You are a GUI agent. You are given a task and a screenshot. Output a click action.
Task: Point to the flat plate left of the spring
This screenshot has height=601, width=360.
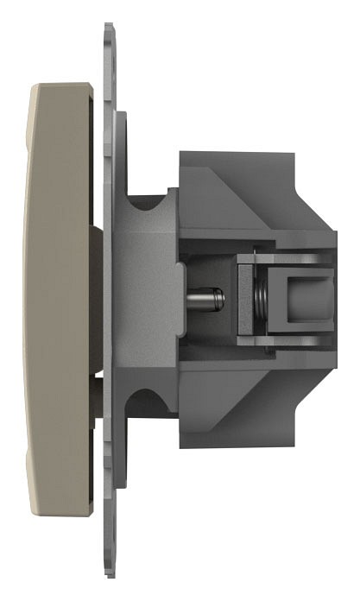click(245, 299)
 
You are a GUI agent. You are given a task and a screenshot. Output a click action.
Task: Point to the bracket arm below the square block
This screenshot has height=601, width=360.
click(285, 342)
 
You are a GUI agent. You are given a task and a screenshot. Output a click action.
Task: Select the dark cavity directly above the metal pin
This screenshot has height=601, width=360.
click(207, 259)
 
